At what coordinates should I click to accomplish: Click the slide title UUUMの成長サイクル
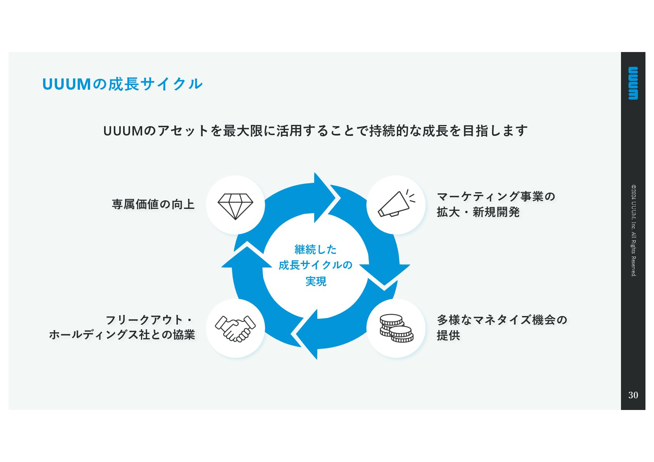click(x=122, y=84)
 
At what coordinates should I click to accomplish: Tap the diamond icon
click(x=235, y=206)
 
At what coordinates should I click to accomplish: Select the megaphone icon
click(x=396, y=204)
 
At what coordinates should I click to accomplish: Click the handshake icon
click(x=235, y=328)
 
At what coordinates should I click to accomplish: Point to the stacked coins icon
click(x=396, y=328)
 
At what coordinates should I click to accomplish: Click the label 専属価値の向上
click(x=153, y=204)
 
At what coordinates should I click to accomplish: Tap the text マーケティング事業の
click(x=496, y=196)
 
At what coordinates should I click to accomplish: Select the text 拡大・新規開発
click(x=478, y=212)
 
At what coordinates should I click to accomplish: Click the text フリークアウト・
click(x=150, y=320)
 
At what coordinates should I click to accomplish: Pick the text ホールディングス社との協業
click(x=122, y=335)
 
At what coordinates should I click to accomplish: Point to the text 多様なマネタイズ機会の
click(x=502, y=320)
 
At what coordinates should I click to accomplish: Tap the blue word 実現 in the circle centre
click(x=316, y=281)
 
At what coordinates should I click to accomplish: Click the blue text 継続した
click(x=316, y=249)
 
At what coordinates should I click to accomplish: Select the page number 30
click(x=633, y=395)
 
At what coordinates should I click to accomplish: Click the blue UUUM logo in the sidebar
click(x=633, y=83)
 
